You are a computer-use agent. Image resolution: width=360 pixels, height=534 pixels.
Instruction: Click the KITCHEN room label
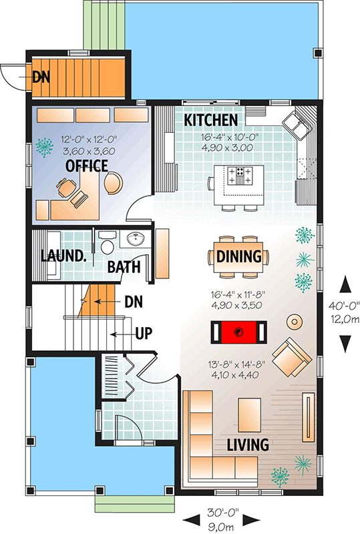tap(211, 120)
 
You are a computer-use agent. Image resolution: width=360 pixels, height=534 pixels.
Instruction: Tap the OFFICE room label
tap(87, 166)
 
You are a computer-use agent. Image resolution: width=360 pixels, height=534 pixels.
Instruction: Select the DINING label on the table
tap(238, 257)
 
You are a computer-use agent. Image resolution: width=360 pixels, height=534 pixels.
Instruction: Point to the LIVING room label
tap(247, 445)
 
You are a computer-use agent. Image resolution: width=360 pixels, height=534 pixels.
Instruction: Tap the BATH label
tap(124, 268)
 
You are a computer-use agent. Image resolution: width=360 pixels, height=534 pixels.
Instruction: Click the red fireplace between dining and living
tap(240, 331)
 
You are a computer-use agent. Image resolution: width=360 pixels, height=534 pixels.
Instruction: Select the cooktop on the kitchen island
tap(240, 176)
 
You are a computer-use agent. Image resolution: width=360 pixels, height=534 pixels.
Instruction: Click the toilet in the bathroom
tap(106, 245)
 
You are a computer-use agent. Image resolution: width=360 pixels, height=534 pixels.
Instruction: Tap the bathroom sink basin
tap(136, 240)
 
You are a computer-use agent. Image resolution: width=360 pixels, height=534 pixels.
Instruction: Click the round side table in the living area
tap(294, 322)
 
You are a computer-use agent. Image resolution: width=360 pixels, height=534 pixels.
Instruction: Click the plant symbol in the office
tap(45, 146)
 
